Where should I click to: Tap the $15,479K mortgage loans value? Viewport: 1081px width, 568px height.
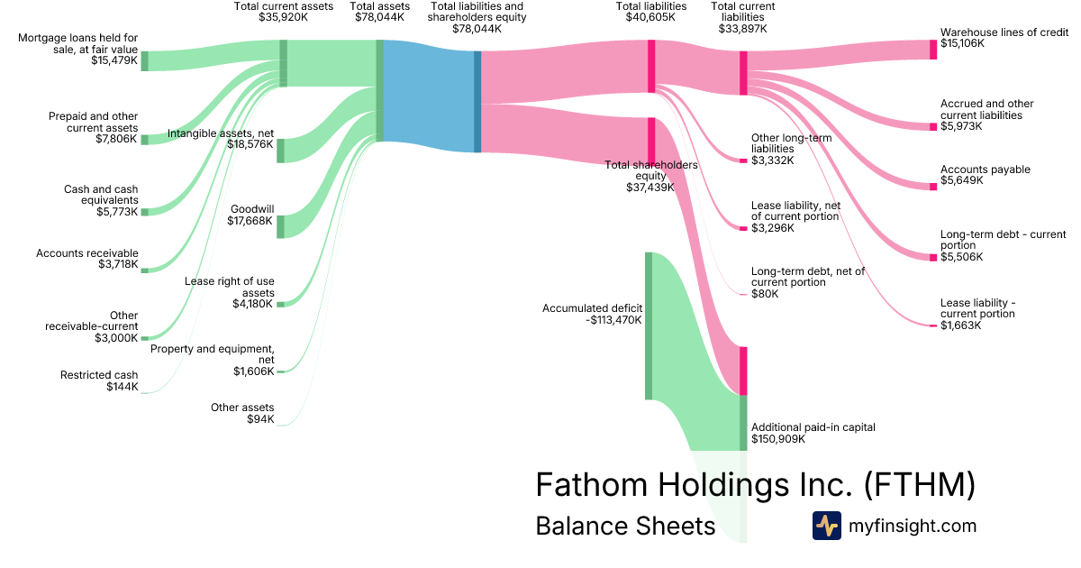(x=114, y=60)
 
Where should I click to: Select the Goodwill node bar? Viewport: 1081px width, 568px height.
(x=280, y=226)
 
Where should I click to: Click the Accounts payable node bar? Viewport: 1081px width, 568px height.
(x=933, y=187)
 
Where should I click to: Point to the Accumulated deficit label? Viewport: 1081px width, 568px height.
(x=592, y=307)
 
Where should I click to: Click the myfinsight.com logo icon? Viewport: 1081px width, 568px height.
(x=826, y=526)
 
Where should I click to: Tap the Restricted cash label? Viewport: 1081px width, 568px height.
(x=99, y=375)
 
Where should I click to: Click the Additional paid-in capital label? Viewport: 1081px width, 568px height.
(x=813, y=427)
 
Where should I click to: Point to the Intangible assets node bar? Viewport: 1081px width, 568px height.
(x=280, y=151)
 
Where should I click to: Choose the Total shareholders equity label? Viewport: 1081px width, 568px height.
(x=650, y=170)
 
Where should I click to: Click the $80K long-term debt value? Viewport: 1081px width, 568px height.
(x=765, y=294)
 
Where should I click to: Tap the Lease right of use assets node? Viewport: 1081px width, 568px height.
(x=280, y=304)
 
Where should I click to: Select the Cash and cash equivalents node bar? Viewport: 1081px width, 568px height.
(x=144, y=211)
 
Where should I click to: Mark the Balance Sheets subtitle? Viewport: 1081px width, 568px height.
(x=624, y=526)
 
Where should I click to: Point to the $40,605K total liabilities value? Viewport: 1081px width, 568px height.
(x=650, y=16)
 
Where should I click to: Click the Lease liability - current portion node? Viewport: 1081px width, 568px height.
(x=933, y=325)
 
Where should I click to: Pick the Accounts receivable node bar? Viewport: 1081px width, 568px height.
(x=144, y=270)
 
